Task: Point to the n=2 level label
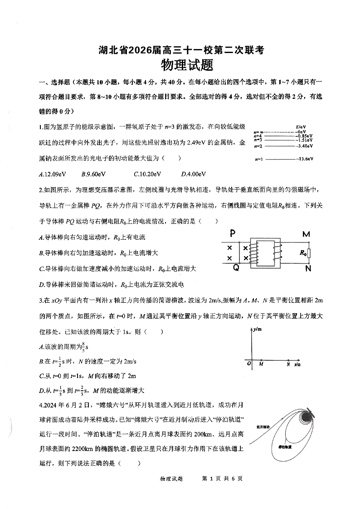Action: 258,146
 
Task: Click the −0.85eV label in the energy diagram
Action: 304,136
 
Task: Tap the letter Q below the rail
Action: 236,267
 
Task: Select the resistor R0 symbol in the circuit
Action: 309,253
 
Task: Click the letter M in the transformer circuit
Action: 306,234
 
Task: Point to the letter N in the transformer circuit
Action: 308,268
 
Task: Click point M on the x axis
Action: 261,363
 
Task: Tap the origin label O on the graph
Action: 248,364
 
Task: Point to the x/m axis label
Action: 297,364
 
